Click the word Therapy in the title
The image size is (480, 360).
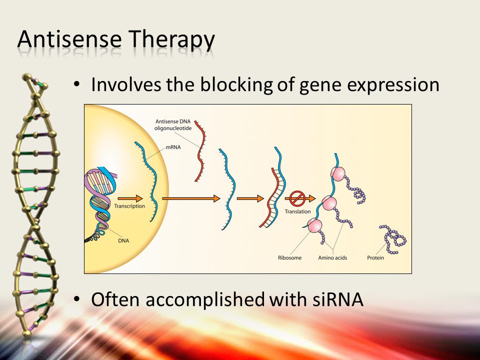click(x=171, y=40)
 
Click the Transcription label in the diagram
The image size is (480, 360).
click(x=129, y=206)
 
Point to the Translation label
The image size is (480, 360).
click(x=297, y=211)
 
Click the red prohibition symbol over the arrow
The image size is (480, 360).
click(x=297, y=198)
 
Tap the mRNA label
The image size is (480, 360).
click(x=173, y=147)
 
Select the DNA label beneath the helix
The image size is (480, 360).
click(x=123, y=240)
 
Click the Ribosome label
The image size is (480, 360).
click(x=289, y=258)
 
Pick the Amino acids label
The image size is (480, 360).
click(x=332, y=258)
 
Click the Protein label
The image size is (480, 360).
click(x=375, y=258)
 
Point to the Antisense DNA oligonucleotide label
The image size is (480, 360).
click(x=173, y=125)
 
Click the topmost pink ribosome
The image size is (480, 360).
click(x=337, y=173)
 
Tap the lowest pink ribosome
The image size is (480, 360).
click(x=314, y=226)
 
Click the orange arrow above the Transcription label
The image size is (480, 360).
click(x=130, y=198)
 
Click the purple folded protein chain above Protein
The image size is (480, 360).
click(x=393, y=239)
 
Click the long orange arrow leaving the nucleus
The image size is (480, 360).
click(x=191, y=198)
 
